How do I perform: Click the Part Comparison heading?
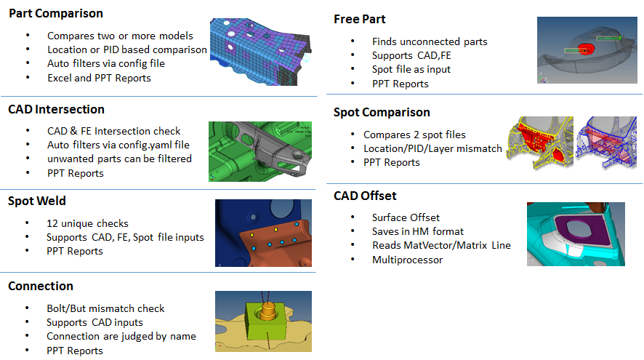point(55,14)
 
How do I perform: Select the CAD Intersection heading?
point(56,110)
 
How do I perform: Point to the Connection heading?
point(41,287)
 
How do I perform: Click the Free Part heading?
point(360,19)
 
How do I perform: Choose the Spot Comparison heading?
point(382,113)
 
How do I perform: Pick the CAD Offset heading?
point(365,196)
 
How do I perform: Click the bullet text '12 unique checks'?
point(87,223)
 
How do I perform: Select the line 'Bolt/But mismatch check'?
point(105,308)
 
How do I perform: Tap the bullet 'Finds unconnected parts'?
point(430,42)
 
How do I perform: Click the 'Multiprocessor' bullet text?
point(407,260)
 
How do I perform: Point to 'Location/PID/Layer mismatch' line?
point(432,148)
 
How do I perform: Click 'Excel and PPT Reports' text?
point(99,78)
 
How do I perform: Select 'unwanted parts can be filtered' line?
point(119,159)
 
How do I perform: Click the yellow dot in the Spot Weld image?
point(252,236)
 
